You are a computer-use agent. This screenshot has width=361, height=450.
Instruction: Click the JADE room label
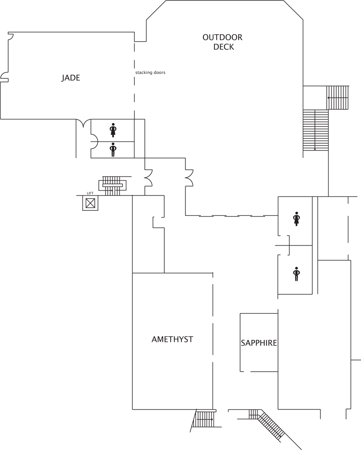[71, 78]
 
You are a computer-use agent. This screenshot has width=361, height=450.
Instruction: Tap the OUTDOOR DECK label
[222, 42]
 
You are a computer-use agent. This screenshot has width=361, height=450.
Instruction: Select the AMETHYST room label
[172, 339]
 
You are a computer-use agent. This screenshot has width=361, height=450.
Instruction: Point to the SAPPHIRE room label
[259, 343]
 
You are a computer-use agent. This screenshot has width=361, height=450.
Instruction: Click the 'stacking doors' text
[150, 73]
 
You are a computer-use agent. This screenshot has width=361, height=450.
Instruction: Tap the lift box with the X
[90, 203]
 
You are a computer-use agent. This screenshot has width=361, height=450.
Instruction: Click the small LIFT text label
[90, 193]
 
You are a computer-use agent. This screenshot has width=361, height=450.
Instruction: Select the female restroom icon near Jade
[113, 130]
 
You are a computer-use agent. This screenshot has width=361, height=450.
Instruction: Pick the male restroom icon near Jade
[113, 150]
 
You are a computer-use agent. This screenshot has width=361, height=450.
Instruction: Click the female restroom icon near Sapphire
[296, 219]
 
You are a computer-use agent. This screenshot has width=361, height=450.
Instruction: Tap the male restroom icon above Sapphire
[296, 274]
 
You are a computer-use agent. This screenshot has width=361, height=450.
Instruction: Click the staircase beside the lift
[112, 186]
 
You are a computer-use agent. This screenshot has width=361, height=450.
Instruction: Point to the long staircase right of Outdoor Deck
[315, 130]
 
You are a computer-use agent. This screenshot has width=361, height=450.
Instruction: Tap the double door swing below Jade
[83, 123]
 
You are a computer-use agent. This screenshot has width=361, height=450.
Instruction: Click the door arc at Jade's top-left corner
[11, 36]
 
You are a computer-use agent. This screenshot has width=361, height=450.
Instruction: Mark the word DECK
[224, 47]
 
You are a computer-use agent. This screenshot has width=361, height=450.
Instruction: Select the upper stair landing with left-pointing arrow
[338, 98]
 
